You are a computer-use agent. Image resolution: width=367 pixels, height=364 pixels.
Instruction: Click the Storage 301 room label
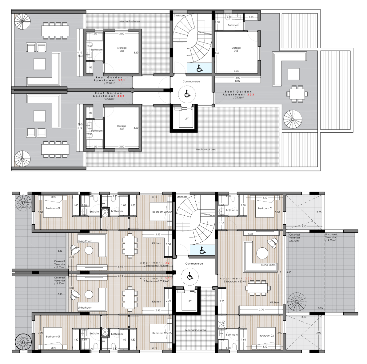tap(122, 49)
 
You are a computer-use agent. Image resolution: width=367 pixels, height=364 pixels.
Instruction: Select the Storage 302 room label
tap(122, 127)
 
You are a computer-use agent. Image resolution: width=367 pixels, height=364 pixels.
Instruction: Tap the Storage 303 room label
tap(236, 49)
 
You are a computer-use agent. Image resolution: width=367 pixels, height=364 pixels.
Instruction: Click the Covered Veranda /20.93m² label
tap(294, 238)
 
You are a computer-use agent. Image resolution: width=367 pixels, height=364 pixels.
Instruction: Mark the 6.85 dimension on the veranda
tap(289, 272)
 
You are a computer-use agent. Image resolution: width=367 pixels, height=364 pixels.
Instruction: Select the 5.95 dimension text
tap(321, 308)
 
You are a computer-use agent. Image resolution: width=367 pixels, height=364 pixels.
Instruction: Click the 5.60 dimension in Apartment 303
tap(250, 234)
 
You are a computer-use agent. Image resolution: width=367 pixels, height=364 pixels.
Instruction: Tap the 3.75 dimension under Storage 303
tap(236, 71)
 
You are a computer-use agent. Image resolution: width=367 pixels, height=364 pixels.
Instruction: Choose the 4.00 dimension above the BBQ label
tap(237, 78)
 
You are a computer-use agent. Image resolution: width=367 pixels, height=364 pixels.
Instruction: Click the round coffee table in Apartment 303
tap(262, 254)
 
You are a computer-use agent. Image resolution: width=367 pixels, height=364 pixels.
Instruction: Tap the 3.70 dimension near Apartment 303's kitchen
tap(261, 310)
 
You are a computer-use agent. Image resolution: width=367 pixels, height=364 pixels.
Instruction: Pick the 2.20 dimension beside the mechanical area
tap(222, 301)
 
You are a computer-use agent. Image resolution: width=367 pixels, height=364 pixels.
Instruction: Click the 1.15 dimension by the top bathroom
tap(251, 17)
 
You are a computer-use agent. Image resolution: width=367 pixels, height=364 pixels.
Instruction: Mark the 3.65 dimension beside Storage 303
tap(217, 53)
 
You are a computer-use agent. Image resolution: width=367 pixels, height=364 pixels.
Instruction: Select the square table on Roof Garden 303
tap(293, 74)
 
